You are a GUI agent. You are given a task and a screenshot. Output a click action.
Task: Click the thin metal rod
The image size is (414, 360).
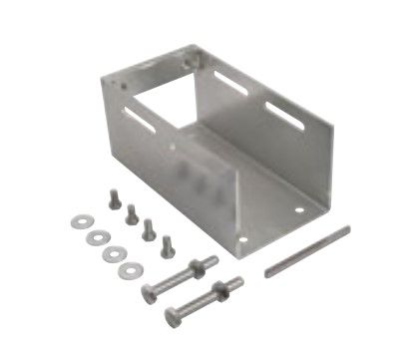[x=307, y=251]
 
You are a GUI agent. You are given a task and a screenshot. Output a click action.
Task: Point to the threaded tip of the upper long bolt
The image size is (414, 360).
[x=212, y=257]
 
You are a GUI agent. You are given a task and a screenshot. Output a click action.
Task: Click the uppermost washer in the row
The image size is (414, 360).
[x=77, y=218]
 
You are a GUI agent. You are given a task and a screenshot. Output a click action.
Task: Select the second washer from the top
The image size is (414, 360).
[x=95, y=236]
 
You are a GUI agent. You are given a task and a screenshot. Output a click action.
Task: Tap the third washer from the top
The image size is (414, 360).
[x=111, y=253]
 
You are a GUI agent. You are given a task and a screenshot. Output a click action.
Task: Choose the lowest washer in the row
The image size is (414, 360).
[x=129, y=269]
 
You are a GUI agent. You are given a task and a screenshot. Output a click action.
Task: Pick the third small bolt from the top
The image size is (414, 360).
[x=148, y=226]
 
